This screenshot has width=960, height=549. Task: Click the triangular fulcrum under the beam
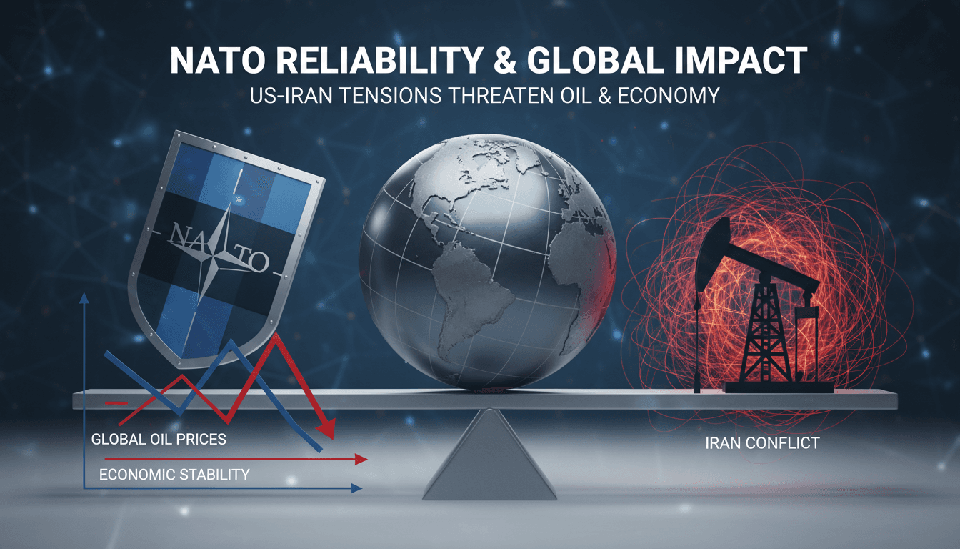pos(490,457)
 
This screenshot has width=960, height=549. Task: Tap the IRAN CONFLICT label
pos(761,443)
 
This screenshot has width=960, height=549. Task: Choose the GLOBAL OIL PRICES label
pos(159,438)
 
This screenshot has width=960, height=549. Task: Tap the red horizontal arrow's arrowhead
pos(361,458)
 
